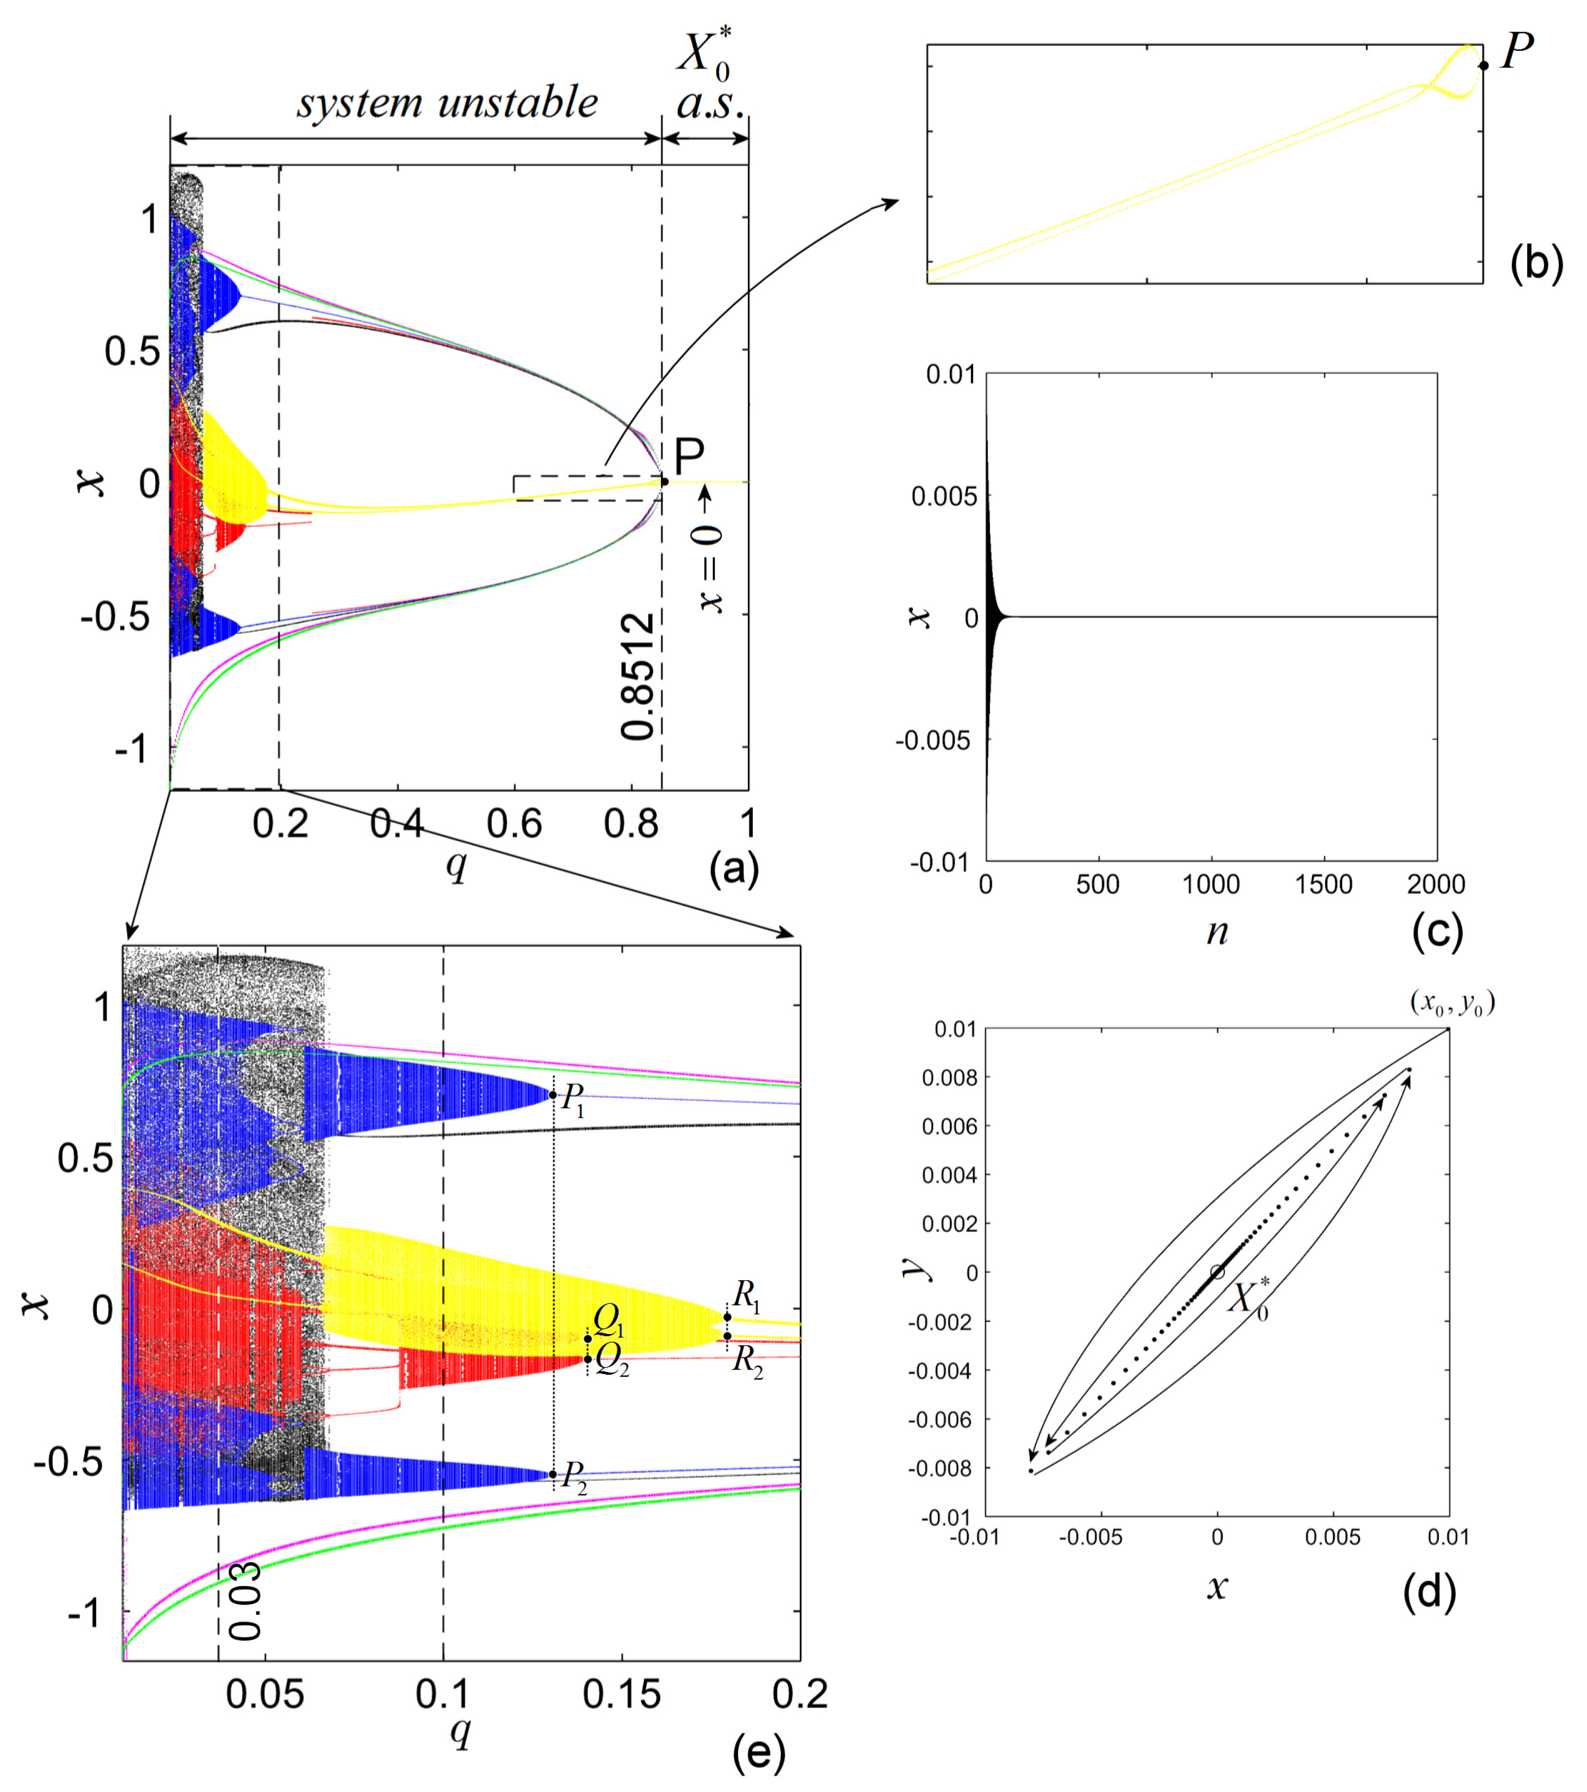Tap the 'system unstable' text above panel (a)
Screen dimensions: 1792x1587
click(447, 103)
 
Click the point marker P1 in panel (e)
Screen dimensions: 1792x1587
click(553, 1095)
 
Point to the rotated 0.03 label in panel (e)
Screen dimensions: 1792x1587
click(245, 1600)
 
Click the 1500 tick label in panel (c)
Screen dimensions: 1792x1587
click(1323, 884)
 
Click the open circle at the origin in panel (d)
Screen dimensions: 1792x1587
click(1217, 1272)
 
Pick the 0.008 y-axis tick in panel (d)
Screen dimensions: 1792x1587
click(948, 1078)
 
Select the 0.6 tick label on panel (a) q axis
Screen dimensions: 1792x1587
click(514, 824)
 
